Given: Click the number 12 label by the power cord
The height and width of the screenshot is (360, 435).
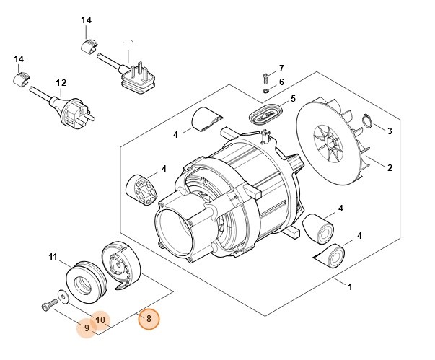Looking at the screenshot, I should click(x=61, y=83).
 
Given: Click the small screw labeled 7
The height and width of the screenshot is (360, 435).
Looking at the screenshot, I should click(x=266, y=75).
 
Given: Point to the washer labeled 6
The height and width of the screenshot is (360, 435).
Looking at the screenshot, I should click(x=266, y=90).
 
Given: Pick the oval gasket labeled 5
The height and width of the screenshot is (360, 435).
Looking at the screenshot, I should click(x=265, y=113).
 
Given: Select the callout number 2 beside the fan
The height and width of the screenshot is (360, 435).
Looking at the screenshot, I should click(x=390, y=168).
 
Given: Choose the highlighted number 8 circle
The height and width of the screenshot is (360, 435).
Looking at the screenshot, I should click(x=149, y=318).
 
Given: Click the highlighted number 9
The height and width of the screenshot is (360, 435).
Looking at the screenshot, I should click(x=87, y=328).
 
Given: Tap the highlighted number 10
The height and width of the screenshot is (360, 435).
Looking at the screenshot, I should click(x=100, y=320).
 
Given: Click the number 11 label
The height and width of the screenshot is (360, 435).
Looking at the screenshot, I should click(x=52, y=256).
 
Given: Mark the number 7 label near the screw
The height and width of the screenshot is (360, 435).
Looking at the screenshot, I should click(x=281, y=67).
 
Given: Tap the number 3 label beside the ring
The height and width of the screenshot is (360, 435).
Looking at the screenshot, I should click(x=390, y=131).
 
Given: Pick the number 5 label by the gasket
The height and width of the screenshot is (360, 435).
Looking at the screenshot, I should click(x=292, y=98).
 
